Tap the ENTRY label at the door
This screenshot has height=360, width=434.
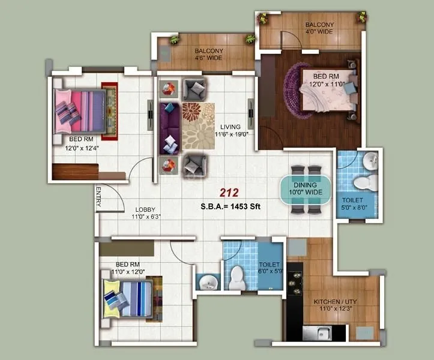click(x=98, y=197)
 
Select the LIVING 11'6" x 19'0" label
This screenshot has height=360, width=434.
click(x=230, y=130)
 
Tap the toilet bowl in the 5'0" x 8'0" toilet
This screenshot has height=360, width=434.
click(x=361, y=182)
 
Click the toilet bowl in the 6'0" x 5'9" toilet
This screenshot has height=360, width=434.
click(x=238, y=275)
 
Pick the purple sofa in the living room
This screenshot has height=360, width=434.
click(x=169, y=128)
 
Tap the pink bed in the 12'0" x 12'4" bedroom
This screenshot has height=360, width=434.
click(x=80, y=110)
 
